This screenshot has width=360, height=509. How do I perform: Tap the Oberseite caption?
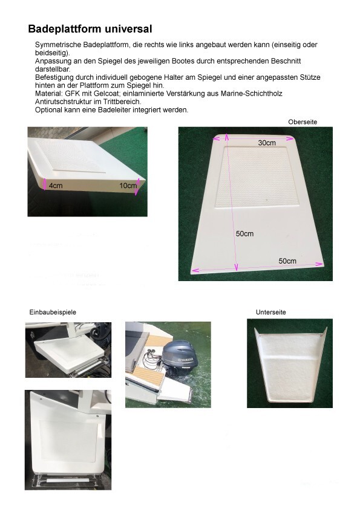(x=303, y=122)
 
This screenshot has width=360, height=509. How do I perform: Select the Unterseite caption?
(x=270, y=313)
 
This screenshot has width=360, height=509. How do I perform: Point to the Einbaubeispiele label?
(x=53, y=313)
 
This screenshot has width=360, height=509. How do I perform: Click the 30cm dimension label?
(x=267, y=143)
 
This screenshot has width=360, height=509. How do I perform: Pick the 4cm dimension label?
(x=56, y=186)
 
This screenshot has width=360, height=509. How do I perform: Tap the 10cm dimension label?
(x=128, y=186)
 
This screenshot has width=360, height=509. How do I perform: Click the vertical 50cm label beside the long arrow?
(x=244, y=234)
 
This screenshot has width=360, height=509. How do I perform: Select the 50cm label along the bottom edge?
(x=287, y=261)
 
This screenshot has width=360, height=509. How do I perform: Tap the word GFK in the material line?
(x=73, y=94)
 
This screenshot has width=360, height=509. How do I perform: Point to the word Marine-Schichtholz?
(x=252, y=94)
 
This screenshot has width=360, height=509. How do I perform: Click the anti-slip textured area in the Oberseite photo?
(x=253, y=177)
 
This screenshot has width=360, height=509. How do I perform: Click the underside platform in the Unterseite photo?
(x=290, y=365)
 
